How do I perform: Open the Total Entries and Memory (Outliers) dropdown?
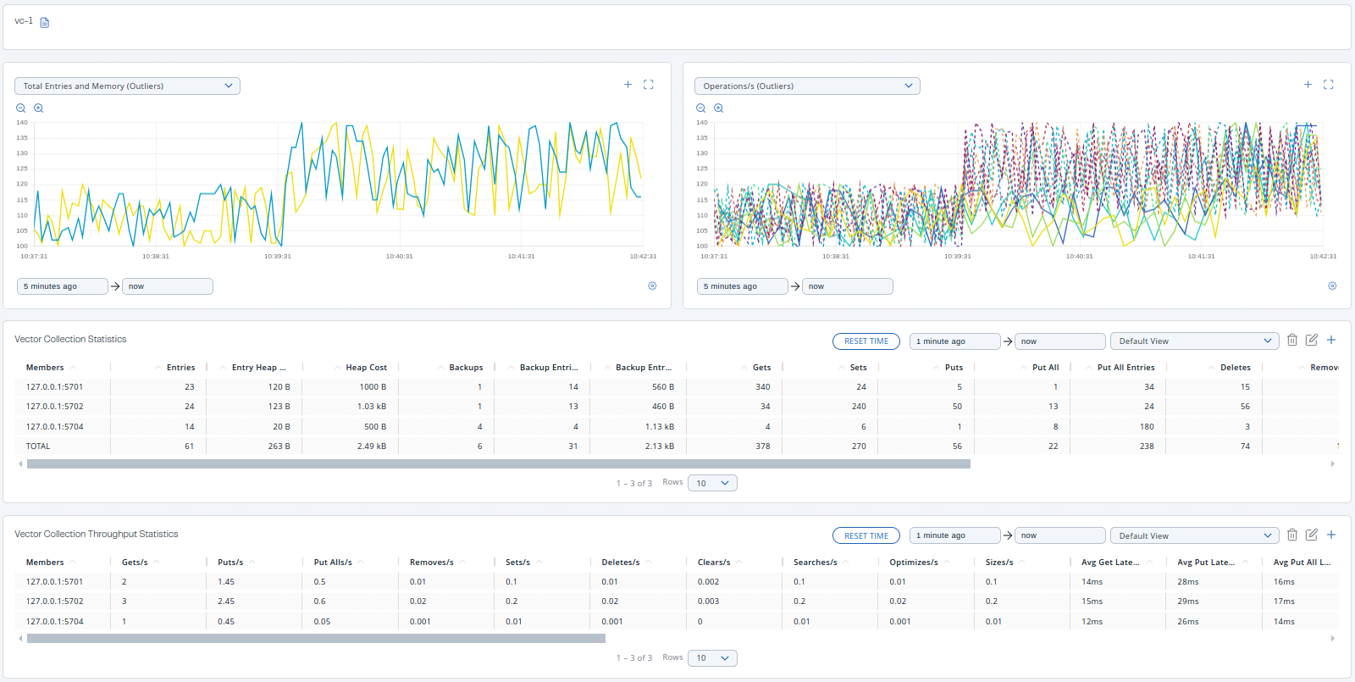click(127, 86)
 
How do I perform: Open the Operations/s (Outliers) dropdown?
click(807, 86)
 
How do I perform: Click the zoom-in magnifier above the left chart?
click(38, 108)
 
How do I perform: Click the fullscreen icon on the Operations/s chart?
click(1328, 85)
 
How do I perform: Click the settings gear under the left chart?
click(652, 286)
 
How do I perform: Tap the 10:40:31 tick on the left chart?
click(399, 256)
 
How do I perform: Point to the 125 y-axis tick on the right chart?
click(701, 169)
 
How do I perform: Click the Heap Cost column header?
click(366, 368)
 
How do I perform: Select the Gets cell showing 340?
click(762, 387)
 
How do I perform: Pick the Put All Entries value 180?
click(1147, 427)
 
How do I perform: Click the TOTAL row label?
click(38, 446)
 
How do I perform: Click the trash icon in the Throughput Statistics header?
click(1292, 535)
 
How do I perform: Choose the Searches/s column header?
click(815, 563)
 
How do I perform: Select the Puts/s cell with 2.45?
click(226, 602)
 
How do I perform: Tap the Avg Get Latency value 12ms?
click(1092, 622)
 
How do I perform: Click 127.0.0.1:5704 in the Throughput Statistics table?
click(55, 622)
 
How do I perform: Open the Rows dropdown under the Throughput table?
click(712, 658)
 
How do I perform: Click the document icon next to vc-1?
click(45, 23)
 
